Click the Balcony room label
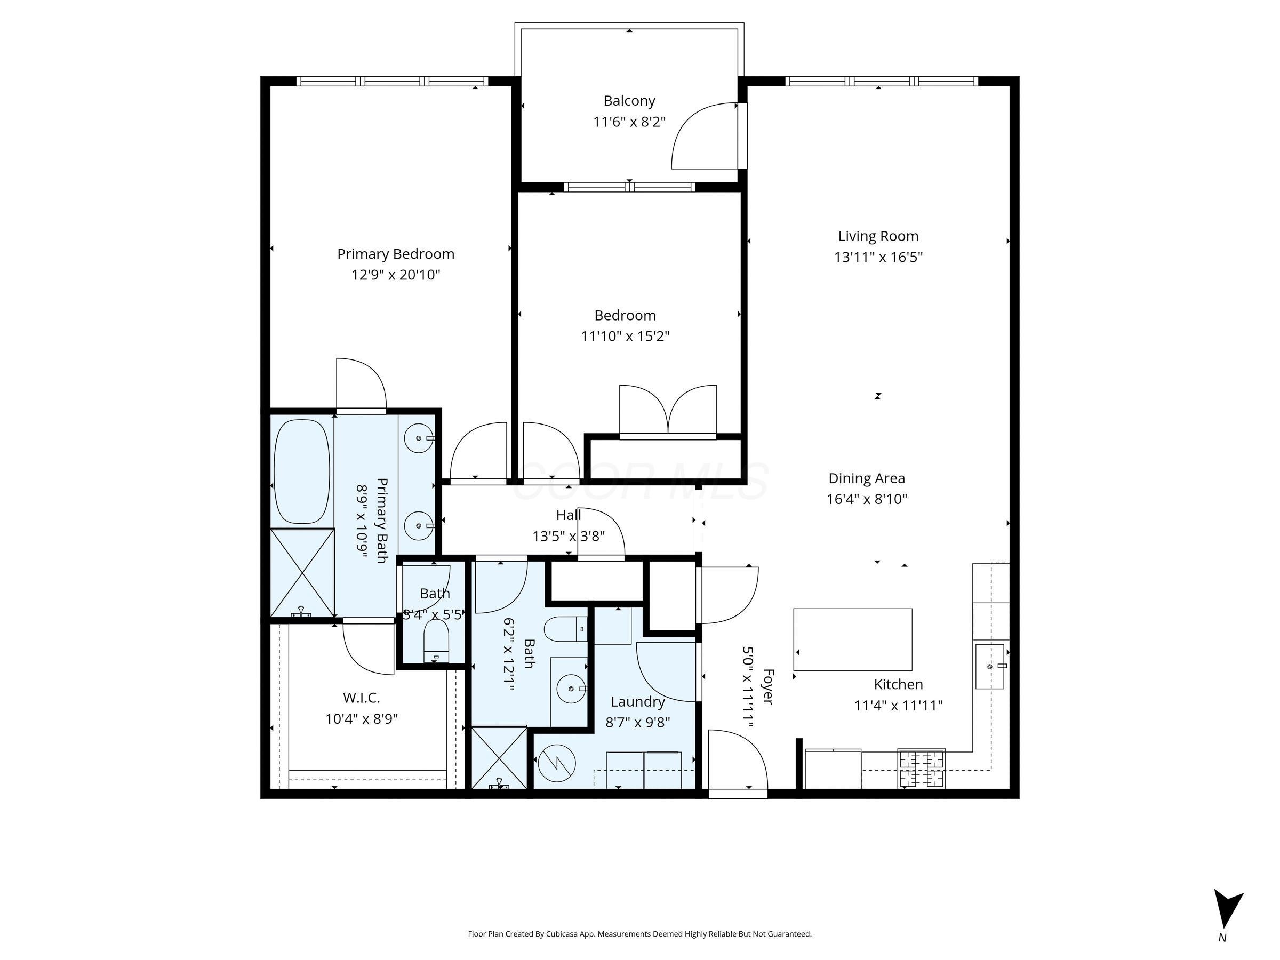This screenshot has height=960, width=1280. click(x=629, y=101)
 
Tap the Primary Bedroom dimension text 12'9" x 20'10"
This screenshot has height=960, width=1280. click(x=396, y=275)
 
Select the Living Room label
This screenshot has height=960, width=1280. click(x=878, y=236)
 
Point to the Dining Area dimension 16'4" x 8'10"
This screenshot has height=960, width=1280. click(x=866, y=499)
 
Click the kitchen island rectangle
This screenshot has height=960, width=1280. click(x=852, y=639)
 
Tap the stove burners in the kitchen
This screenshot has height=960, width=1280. click(x=921, y=769)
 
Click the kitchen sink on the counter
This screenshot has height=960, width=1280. click(x=989, y=667)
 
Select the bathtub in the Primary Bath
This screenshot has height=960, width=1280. click(x=301, y=471)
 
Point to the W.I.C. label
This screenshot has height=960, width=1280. click(x=361, y=698)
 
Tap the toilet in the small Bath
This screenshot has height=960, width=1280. click(x=436, y=641)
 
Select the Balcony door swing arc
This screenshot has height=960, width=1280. click(x=702, y=137)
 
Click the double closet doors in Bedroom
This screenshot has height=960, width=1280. click(x=668, y=411)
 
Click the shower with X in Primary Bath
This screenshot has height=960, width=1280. click(x=302, y=572)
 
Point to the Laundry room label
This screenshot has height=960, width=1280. click(x=638, y=702)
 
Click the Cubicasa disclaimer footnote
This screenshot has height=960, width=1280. click(x=639, y=934)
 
